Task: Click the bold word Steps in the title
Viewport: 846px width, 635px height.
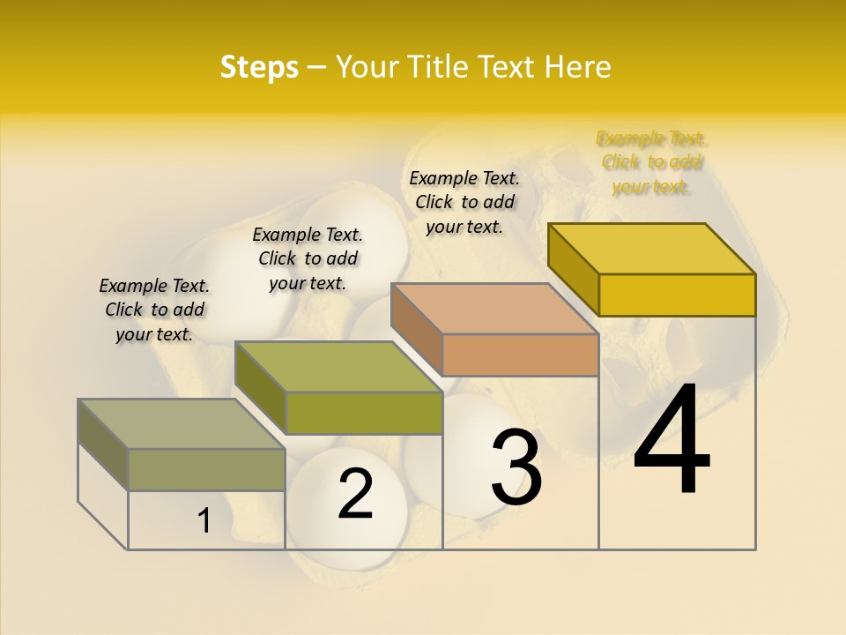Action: (x=259, y=67)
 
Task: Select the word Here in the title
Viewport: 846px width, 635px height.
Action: (x=578, y=67)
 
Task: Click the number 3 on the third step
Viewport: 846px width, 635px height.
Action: (x=516, y=467)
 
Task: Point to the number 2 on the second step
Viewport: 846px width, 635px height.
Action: (x=355, y=494)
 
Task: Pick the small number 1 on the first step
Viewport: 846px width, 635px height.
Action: (x=204, y=521)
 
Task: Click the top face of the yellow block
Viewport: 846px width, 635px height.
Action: (x=652, y=248)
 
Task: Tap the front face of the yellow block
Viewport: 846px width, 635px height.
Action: (x=677, y=295)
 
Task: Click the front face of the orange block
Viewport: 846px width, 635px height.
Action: (x=520, y=355)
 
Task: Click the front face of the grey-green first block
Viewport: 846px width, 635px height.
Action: (x=206, y=469)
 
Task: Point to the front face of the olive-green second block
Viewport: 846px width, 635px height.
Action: (x=363, y=413)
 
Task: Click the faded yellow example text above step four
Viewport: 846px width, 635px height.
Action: (x=651, y=162)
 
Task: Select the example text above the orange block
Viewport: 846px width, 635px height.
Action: (x=464, y=202)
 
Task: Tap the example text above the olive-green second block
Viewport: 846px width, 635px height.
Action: (x=308, y=258)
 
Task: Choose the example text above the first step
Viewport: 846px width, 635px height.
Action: (x=154, y=310)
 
